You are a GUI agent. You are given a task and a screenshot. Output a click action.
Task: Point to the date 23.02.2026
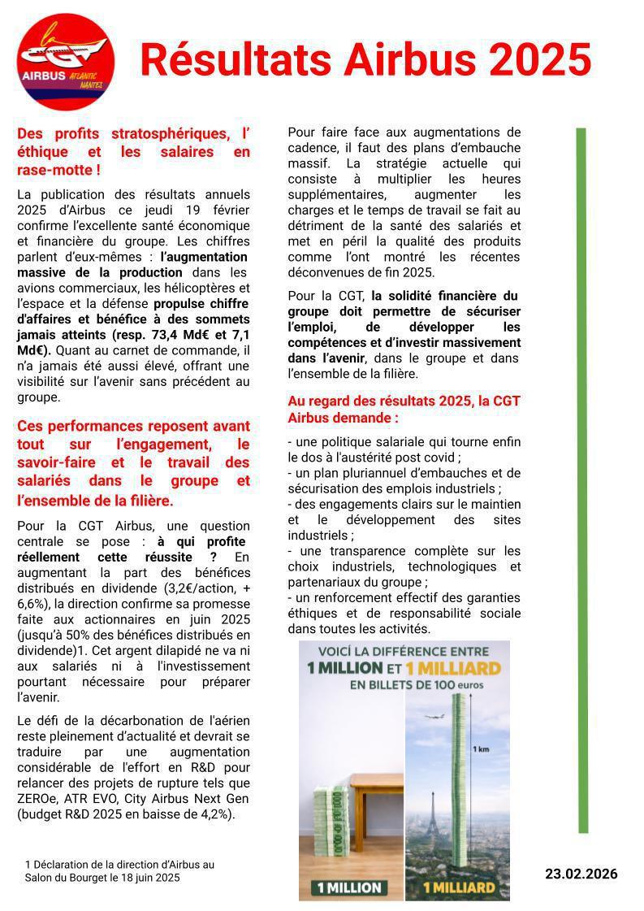(581, 874)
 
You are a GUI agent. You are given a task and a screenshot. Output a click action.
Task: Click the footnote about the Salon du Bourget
(119, 871)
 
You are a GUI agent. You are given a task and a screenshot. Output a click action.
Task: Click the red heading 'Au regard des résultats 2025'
(404, 401)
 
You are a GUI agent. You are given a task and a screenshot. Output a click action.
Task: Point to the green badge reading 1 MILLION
(351, 887)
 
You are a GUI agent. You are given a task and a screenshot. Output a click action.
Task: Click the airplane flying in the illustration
(436, 716)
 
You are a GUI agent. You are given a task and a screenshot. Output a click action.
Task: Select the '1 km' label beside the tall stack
(481, 749)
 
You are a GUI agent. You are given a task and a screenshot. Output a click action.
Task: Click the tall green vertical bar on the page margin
(582, 479)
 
